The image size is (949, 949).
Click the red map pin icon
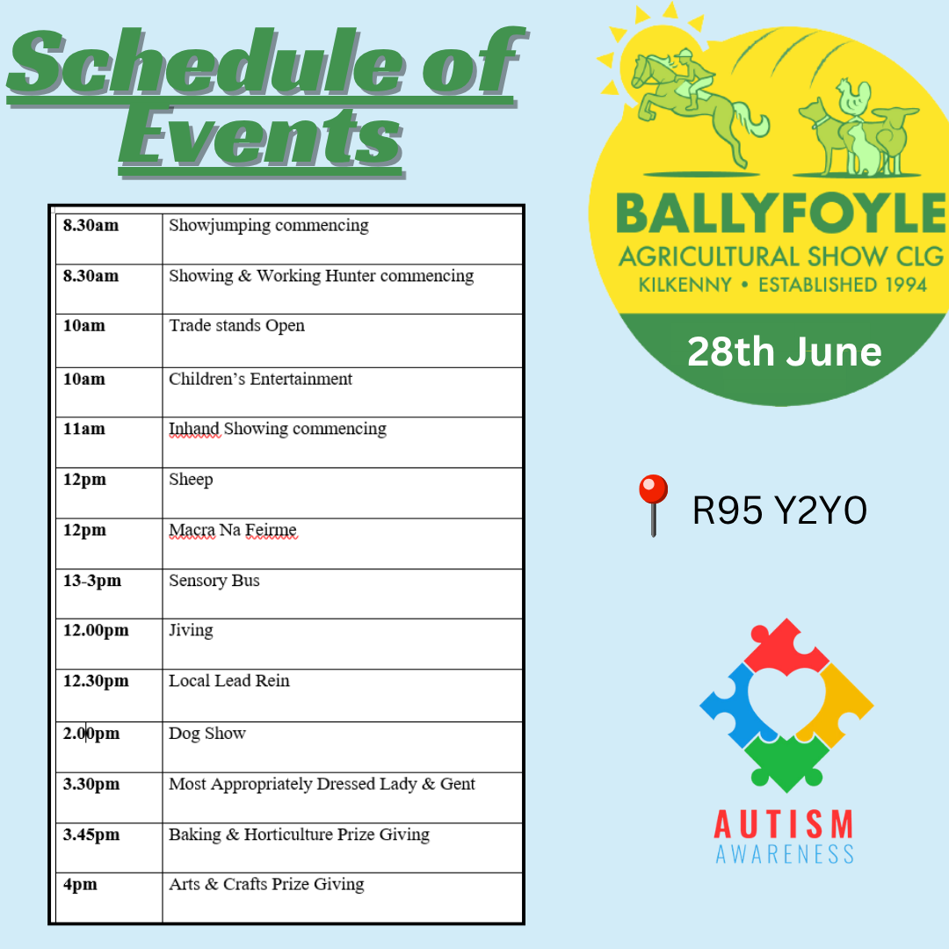click(x=653, y=505)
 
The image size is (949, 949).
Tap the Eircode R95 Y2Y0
click(x=779, y=511)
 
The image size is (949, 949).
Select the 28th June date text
click(x=785, y=351)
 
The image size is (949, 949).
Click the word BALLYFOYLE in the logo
click(x=781, y=214)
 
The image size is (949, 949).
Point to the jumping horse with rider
click(x=696, y=106)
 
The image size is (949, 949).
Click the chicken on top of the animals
click(x=853, y=97)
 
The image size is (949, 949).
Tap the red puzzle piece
click(x=786, y=647)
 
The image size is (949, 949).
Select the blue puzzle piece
click(x=733, y=705)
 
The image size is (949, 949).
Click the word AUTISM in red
click(x=785, y=823)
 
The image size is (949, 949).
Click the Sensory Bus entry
click(x=214, y=581)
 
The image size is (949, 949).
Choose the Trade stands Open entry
click(x=236, y=326)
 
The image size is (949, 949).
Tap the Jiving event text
click(x=191, y=631)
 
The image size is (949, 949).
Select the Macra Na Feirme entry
click(x=233, y=530)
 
